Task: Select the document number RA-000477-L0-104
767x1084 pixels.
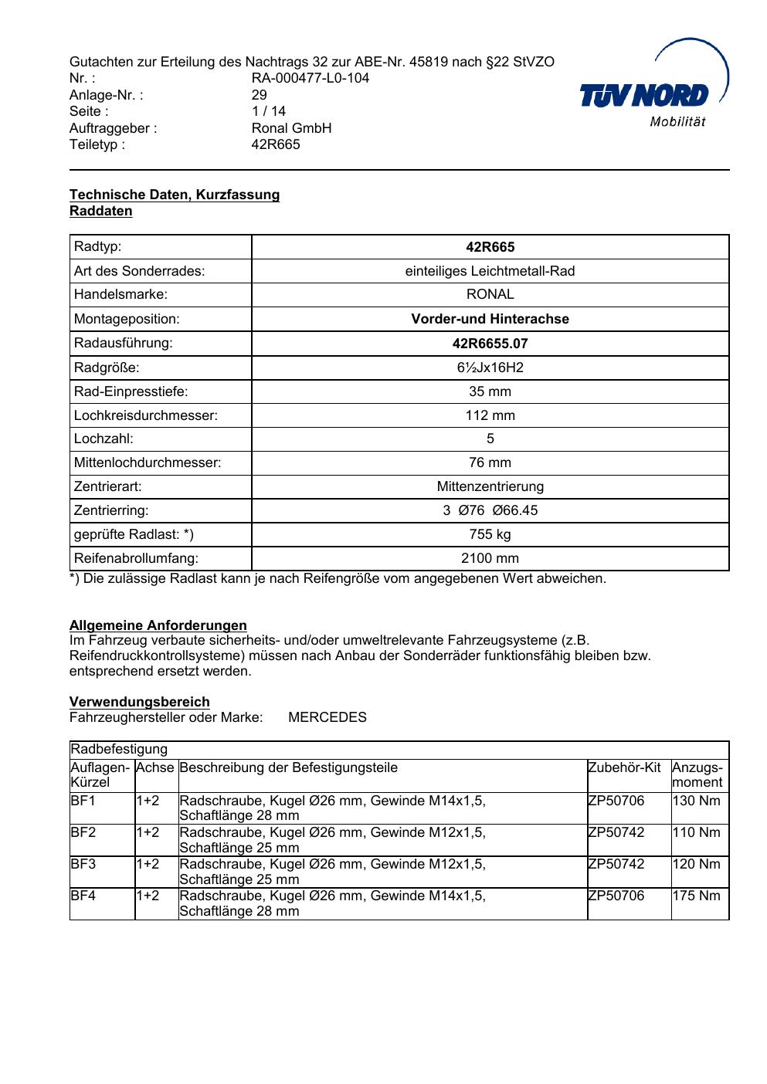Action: tap(311, 78)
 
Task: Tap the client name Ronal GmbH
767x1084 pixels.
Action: tap(291, 128)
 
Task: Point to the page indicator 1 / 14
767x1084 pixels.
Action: tap(269, 111)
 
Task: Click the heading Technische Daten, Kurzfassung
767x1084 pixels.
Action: tap(175, 195)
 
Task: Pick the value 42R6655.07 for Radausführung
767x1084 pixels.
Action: tap(490, 344)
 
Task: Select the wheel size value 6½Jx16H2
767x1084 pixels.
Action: tap(490, 368)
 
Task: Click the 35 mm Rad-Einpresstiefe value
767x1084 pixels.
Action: tap(490, 391)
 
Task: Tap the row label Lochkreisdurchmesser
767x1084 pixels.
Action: tap(146, 415)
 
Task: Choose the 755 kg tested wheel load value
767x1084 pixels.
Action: tap(490, 534)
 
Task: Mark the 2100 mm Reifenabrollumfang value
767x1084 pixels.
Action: tap(490, 558)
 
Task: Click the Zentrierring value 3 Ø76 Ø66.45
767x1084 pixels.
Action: tap(490, 510)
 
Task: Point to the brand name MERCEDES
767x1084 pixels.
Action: tap(328, 717)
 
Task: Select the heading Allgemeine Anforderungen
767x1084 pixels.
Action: tap(158, 625)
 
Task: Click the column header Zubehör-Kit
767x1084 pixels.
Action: tap(624, 767)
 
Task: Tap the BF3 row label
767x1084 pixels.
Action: tap(83, 864)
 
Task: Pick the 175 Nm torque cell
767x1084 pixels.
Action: tap(697, 896)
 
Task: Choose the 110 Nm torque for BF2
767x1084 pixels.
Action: tap(697, 832)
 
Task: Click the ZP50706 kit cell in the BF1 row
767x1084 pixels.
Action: tap(616, 801)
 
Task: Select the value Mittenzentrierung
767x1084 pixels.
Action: tap(490, 486)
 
